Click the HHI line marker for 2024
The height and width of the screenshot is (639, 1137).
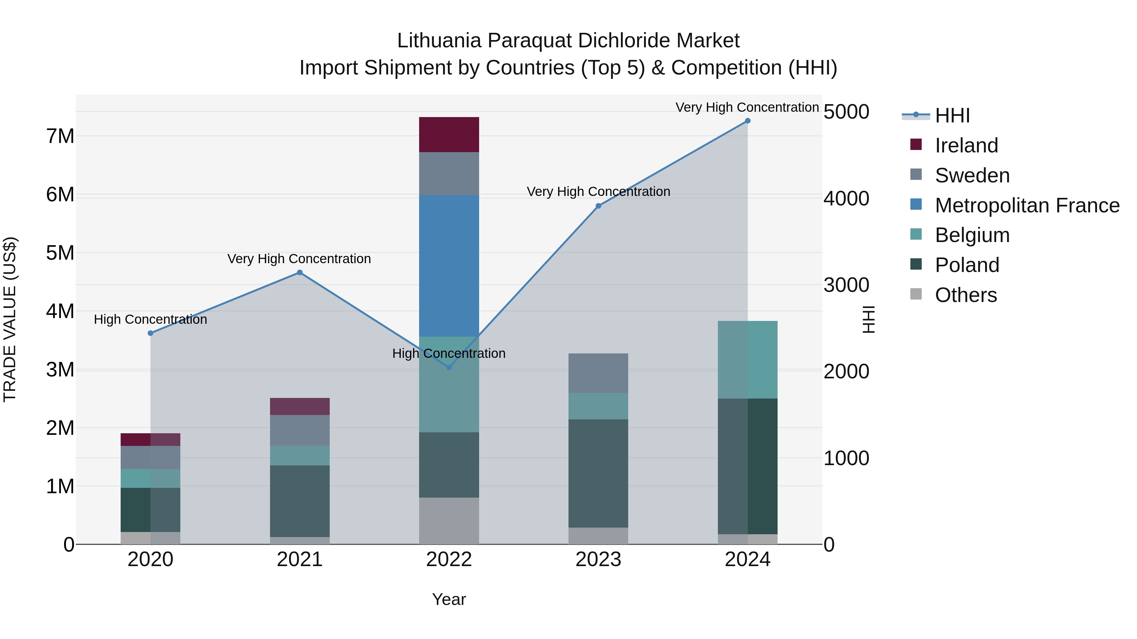(x=747, y=121)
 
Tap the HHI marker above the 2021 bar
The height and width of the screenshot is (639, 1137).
(x=300, y=273)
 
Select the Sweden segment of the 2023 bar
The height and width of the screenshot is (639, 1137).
(x=598, y=373)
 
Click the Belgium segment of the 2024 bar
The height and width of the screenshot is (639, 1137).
(x=747, y=360)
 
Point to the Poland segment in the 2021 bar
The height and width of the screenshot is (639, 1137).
(x=300, y=501)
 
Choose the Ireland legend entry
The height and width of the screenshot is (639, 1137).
(x=966, y=145)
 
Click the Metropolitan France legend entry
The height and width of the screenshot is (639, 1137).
(x=1027, y=205)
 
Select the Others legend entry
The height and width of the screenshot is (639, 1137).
(x=966, y=295)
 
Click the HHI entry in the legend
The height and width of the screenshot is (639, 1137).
(x=952, y=115)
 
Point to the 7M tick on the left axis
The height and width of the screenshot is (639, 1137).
(x=60, y=136)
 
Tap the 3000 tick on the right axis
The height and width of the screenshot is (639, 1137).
(x=846, y=285)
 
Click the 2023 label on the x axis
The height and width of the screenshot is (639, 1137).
(x=598, y=559)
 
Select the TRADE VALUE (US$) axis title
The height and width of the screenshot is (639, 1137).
(x=10, y=319)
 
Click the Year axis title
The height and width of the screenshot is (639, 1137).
(x=449, y=599)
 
